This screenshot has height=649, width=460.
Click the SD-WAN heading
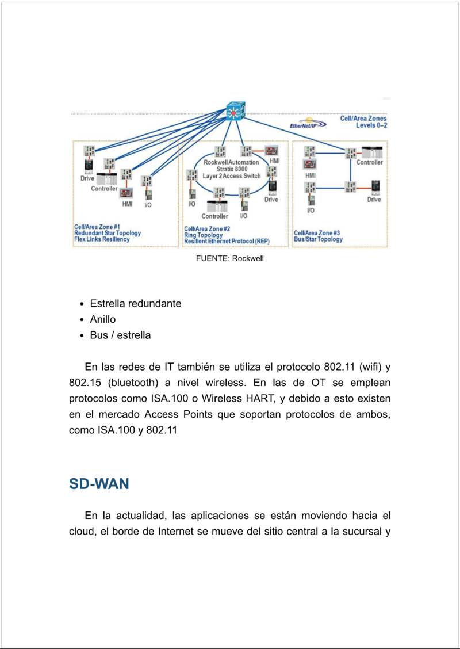pos(99,484)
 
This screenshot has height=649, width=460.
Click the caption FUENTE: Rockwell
pos(230,259)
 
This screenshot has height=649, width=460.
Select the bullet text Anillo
pos(103,319)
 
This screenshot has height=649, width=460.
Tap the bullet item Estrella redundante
pos(136,304)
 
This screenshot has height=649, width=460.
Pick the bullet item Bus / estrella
pos(120,335)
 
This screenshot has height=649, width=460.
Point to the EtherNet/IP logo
pos(308,125)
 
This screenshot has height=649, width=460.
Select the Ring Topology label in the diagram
pos(203,235)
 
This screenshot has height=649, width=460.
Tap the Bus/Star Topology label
pos(318,239)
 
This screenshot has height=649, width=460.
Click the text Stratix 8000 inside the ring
pos(231,169)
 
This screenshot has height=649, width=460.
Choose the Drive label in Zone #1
pos(87,178)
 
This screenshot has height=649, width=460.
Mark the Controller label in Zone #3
pos(369,163)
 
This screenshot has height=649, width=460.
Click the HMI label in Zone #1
pos(127,204)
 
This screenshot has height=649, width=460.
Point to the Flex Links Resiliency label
pos(102,239)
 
